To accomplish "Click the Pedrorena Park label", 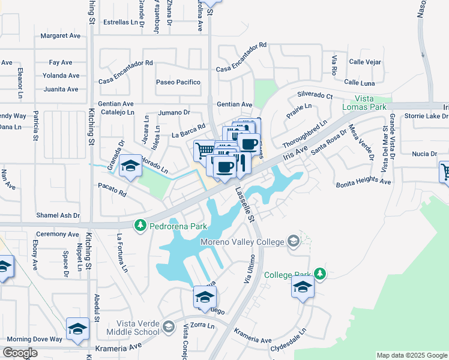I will pos(178,226).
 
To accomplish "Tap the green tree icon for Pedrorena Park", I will pos(140,226).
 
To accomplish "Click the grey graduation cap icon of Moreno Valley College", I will pos(294,241).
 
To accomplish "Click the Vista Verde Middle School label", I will pos(131,327).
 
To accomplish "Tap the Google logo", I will pos(20,353).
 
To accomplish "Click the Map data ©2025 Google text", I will pos(411,355).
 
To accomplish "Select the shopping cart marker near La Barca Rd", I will pos(204,151).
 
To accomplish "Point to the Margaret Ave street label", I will pos(61,36).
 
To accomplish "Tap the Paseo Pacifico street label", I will pos(178,82).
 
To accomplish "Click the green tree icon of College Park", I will pos(320,274).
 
